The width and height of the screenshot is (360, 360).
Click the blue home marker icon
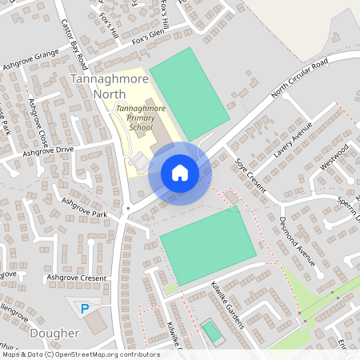[180, 173]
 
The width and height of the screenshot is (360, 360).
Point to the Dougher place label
[54, 333]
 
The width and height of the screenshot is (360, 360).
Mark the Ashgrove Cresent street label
[76, 278]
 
